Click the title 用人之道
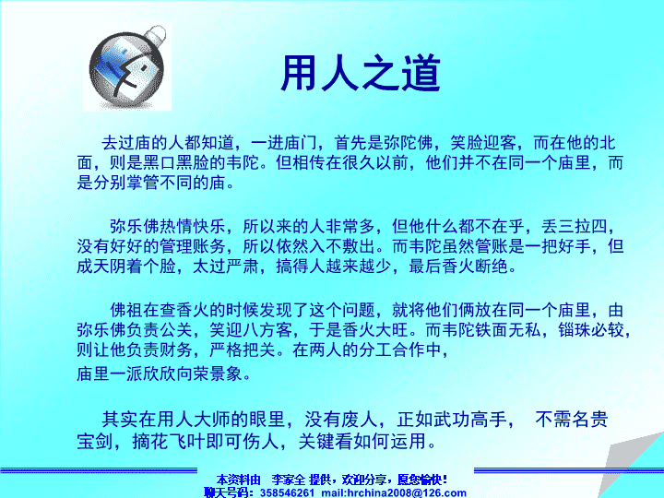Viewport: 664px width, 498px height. [x=361, y=73]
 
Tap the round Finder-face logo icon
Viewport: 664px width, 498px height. [x=127, y=66]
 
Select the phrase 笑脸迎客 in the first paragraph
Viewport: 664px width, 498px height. [x=483, y=143]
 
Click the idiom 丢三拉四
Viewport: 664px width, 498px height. [x=575, y=226]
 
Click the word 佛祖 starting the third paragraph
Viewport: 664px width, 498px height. [x=126, y=310]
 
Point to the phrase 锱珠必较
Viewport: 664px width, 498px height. [x=591, y=330]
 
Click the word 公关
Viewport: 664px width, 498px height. [x=176, y=330]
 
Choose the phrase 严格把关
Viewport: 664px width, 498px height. [x=243, y=350]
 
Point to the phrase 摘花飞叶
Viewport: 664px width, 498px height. [x=169, y=441]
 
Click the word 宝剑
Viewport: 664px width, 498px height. [x=95, y=441]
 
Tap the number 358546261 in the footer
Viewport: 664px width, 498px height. [x=287, y=492]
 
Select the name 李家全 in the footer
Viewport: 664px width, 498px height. [x=289, y=480]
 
